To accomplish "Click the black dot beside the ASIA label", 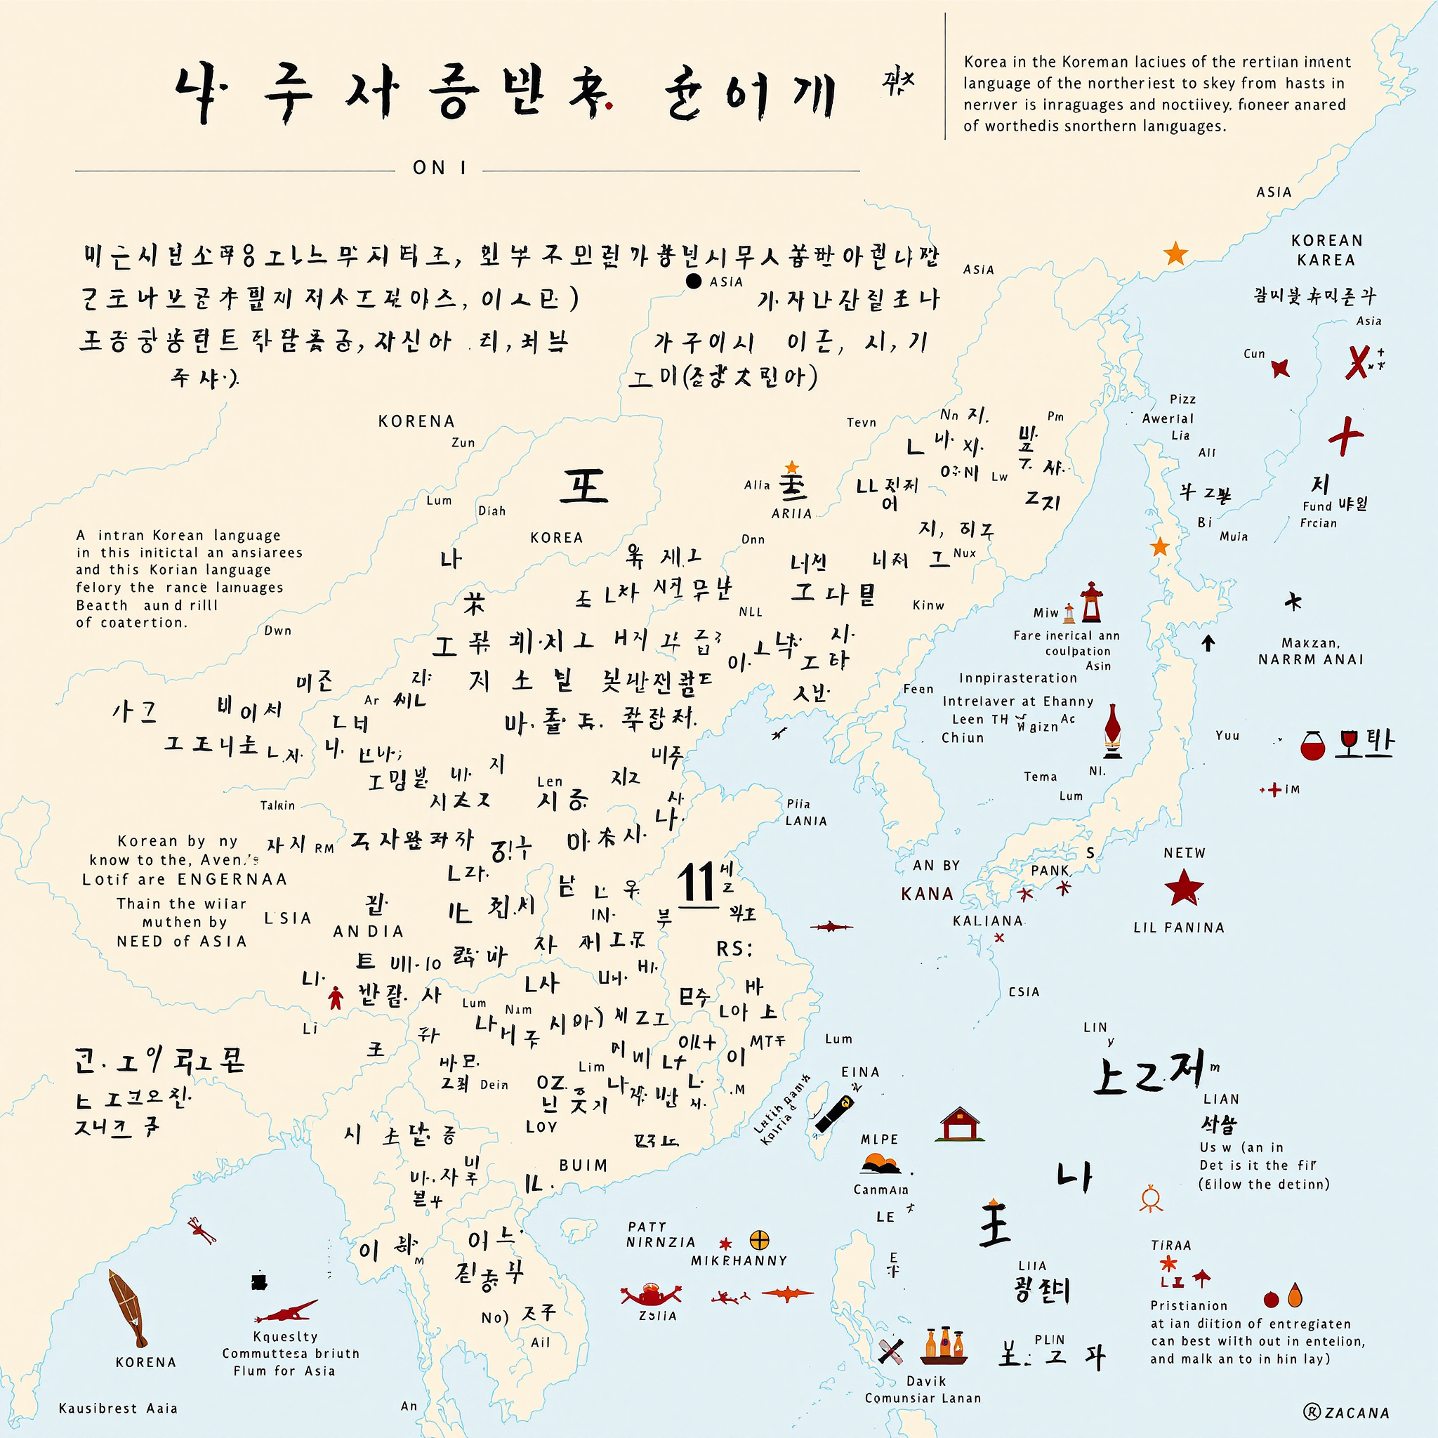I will (x=694, y=282).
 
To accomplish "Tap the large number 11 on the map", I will (x=697, y=883).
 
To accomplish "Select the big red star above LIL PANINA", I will (x=1183, y=888).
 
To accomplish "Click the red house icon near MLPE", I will (x=961, y=1124).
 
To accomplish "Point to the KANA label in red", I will (x=927, y=894).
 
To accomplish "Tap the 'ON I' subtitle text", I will (x=439, y=169).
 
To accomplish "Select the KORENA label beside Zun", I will (x=416, y=421).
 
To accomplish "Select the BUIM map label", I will (x=583, y=1165).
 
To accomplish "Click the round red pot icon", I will (x=1313, y=746).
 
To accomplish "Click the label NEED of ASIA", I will (x=182, y=942).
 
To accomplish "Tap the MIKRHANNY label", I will (x=739, y=1261).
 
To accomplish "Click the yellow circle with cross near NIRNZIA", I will (x=759, y=1240).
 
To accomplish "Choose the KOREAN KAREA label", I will (x=1326, y=250).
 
